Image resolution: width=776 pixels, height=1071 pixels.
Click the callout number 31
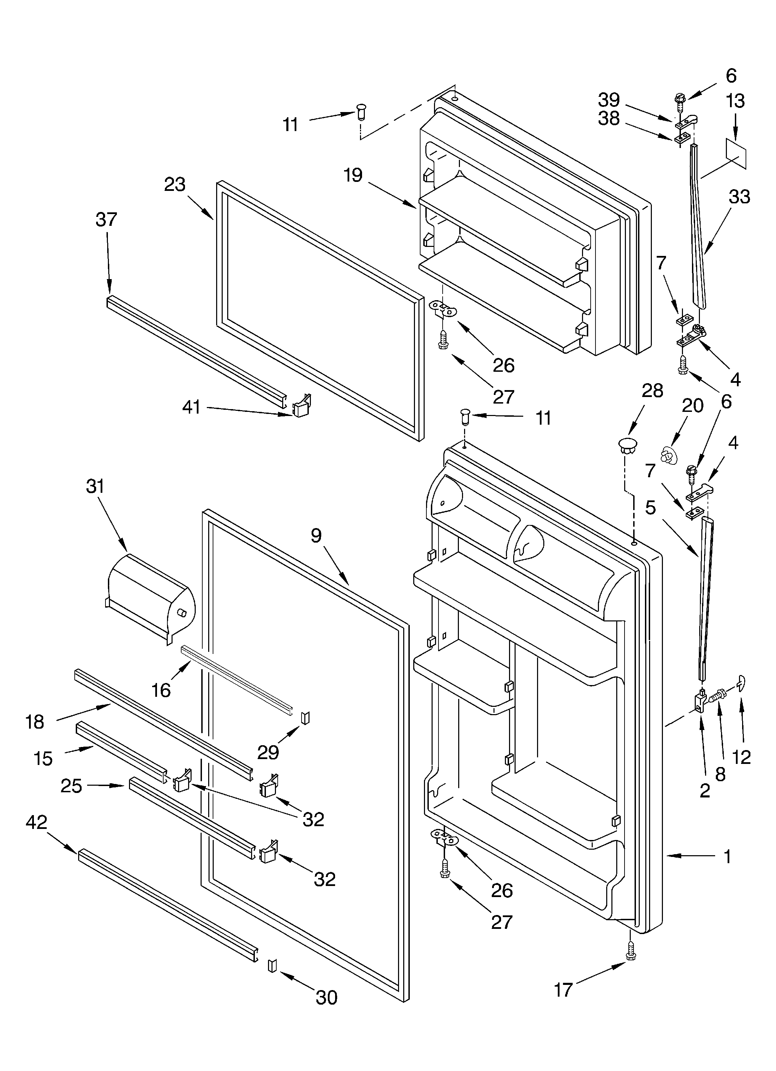(x=95, y=486)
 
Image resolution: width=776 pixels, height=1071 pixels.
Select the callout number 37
(x=106, y=220)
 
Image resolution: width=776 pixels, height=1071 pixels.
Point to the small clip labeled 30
(x=271, y=965)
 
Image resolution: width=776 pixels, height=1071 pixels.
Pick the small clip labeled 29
(x=305, y=718)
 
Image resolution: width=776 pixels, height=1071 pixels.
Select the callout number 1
(x=727, y=857)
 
